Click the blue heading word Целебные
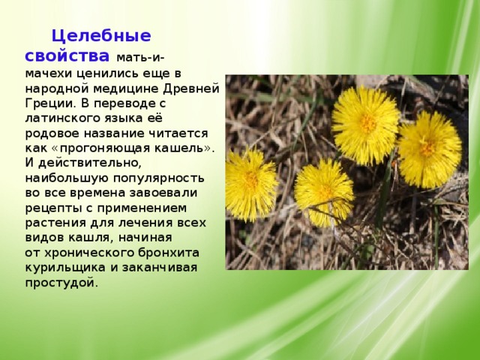point(101,36)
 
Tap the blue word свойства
point(67,56)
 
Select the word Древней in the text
point(191,88)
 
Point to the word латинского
point(63,118)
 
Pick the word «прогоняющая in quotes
point(101,148)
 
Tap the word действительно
point(90,163)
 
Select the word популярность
point(158,178)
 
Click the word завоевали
point(163,193)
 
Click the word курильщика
point(65,268)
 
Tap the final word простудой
point(61,283)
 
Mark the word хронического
point(89,253)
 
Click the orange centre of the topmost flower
point(368,123)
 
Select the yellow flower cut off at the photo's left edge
point(251,184)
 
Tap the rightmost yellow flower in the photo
point(429,149)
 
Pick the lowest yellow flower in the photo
point(324,192)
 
